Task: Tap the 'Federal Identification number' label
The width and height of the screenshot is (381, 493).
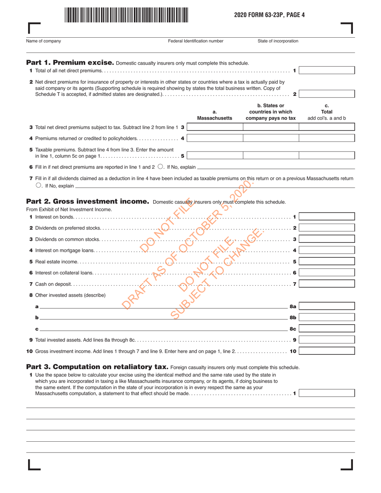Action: click(195, 41)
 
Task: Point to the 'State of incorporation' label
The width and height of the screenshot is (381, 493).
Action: click(278, 41)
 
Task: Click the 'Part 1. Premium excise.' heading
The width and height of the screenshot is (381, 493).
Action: click(70, 63)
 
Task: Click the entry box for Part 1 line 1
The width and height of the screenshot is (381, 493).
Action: click(327, 71)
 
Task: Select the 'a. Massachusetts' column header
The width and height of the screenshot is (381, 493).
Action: click(215, 115)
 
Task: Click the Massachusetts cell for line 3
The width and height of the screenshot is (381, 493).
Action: click(215, 127)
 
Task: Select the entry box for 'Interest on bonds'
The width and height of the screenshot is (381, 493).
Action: click(327, 217)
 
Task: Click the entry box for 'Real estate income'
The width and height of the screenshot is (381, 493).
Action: click(327, 262)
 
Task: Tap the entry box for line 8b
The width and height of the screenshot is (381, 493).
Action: click(327, 317)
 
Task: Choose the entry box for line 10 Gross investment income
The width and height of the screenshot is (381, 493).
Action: click(327, 351)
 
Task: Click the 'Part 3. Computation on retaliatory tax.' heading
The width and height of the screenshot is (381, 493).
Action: click(97, 367)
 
